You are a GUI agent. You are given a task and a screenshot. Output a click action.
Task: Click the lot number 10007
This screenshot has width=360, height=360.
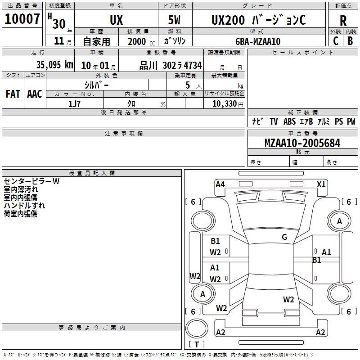(22, 19)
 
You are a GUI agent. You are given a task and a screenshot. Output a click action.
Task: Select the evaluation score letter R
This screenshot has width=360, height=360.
(343, 21)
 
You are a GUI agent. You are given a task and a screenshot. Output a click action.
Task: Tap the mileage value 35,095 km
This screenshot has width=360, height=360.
(54, 65)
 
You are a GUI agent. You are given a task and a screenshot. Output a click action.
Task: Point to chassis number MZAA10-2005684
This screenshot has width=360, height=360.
(302, 143)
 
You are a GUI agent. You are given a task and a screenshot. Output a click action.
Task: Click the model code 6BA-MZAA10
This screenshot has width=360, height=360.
(258, 41)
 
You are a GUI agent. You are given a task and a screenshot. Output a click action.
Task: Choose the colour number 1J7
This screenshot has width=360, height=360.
(74, 104)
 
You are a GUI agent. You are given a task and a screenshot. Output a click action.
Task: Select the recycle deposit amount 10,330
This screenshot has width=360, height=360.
(225, 104)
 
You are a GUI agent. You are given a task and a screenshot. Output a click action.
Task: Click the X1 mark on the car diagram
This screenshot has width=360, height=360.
(321, 184)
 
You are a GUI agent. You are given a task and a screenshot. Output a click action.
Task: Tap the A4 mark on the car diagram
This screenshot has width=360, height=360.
(220, 184)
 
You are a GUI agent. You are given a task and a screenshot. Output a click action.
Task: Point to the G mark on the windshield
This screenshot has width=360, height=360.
(284, 237)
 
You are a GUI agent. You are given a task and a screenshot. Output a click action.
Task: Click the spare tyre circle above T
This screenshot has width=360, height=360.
(197, 328)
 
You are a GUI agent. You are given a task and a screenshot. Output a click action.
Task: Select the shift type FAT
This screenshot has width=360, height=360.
(13, 94)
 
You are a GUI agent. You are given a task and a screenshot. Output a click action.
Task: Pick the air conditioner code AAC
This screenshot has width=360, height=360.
(35, 94)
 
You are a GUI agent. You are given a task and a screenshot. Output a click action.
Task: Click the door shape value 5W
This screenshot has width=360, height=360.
(174, 20)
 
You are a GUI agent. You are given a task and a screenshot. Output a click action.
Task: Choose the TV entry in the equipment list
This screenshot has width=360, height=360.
(274, 121)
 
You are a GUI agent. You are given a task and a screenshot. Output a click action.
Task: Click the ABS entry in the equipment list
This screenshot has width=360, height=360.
(289, 121)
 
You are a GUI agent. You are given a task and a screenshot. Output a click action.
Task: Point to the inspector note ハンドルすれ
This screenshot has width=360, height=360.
(24, 206)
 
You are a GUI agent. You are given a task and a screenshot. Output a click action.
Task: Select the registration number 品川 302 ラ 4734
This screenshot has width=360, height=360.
(171, 66)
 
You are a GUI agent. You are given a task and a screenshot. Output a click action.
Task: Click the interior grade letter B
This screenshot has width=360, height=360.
(350, 41)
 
